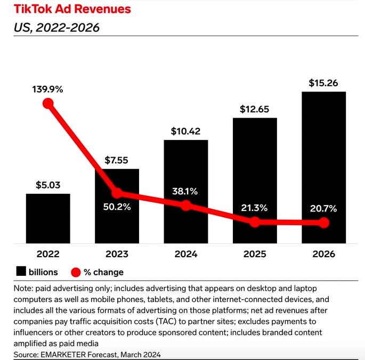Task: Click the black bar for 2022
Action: [48, 218]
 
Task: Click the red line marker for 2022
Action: [48, 103]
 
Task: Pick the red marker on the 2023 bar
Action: [117, 193]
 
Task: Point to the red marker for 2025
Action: [255, 222]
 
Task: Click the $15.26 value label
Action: [323, 83]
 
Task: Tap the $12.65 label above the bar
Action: [255, 109]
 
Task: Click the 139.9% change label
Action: [48, 89]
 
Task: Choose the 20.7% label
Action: [323, 209]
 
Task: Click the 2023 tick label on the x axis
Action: [117, 254]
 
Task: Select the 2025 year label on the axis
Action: [255, 254]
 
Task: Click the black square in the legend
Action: [21, 272]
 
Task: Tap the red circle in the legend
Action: [75, 272]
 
